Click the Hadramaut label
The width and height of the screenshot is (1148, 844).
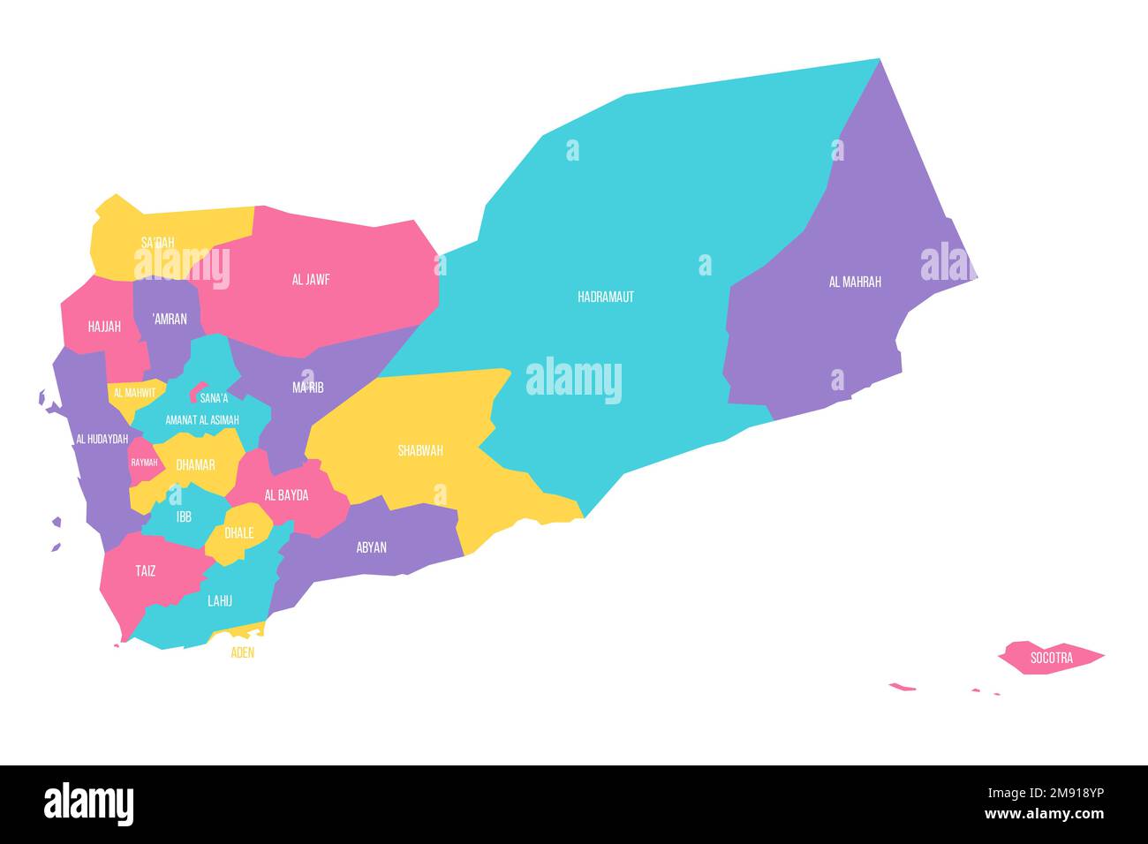606,298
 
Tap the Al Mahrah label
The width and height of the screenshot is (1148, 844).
855,283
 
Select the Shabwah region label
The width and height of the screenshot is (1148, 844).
420,451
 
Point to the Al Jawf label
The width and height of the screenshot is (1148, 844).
311,280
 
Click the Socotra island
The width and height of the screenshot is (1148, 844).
1051,658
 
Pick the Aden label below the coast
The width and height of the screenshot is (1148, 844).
243,653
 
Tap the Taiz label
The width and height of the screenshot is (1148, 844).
146,571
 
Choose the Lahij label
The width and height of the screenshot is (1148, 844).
220,601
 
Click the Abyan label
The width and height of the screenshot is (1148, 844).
372,547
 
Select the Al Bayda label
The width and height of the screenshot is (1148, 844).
287,495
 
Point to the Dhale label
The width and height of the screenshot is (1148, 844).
239,533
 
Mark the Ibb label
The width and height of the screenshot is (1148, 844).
184,516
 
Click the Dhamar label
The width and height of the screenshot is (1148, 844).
195,464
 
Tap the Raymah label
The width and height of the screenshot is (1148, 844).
144,463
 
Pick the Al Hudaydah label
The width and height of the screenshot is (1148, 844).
102,439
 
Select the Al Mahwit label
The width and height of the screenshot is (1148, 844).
134,393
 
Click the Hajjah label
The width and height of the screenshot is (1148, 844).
104,327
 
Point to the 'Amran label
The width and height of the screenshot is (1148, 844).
169,319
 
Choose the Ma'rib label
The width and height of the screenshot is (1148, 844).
308,388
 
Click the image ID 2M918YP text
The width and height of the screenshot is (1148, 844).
1067,794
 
